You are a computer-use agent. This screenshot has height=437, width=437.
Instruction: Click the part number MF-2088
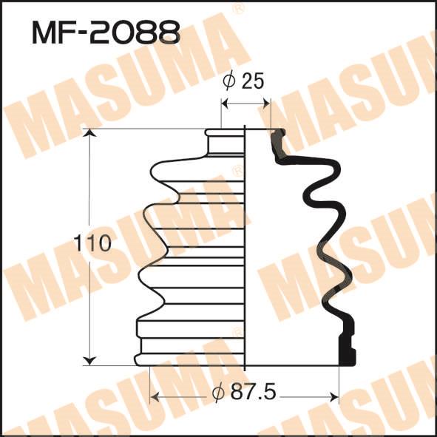pos(106,33)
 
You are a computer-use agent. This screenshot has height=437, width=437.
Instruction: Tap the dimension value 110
pos(93,243)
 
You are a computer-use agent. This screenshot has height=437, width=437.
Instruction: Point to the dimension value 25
pos(252,81)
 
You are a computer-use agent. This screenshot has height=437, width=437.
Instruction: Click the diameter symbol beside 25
pos(229,81)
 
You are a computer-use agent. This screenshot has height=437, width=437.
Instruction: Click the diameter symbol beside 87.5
pos(218,392)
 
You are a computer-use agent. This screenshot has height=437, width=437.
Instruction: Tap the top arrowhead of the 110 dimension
pos(89,133)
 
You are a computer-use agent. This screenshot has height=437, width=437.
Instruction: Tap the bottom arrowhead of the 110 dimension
pos(89,360)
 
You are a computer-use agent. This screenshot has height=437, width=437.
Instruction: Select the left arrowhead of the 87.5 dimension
pos(155,396)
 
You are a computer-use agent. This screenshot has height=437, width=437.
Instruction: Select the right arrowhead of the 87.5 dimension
pos(333,396)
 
